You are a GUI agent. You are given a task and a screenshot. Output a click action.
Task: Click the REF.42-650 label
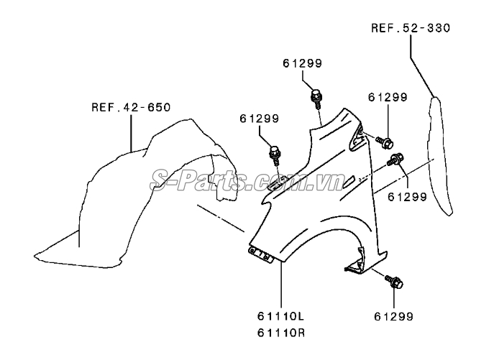click(131, 107)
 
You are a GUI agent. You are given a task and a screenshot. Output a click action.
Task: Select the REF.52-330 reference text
click(411, 28)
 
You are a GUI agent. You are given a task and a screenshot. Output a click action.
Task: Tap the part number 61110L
click(280, 316)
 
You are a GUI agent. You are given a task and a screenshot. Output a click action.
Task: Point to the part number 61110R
click(280, 333)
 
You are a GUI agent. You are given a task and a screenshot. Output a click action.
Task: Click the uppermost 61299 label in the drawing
click(303, 63)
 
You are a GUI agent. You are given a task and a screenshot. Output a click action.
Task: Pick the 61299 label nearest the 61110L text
click(393, 316)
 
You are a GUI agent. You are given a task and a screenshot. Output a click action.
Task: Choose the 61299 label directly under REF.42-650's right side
click(260, 119)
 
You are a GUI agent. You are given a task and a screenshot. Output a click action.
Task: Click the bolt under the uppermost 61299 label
click(316, 98)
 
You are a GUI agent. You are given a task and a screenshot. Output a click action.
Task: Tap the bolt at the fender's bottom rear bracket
click(394, 281)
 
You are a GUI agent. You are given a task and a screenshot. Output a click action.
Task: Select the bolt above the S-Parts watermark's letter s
click(275, 155)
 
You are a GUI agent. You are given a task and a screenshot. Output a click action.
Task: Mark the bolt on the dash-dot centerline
click(395, 159)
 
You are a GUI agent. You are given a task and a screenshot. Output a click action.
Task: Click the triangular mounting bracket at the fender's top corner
click(357, 137)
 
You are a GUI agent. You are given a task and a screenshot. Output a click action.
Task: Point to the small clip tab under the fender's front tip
click(260, 254)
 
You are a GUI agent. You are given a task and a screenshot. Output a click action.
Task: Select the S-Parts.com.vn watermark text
click(247, 180)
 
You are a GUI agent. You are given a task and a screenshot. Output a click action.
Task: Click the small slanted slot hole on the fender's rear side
click(348, 182)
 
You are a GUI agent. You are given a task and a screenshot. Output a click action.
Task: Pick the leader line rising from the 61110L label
click(280, 285)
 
